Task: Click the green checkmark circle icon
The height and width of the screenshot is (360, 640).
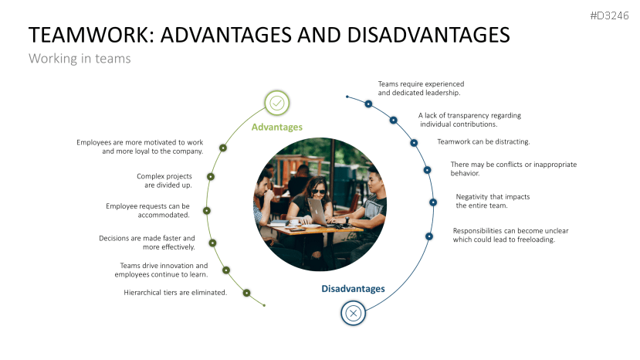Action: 277,103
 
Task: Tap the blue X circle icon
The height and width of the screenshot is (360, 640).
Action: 353,313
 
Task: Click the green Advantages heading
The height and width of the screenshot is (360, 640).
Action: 277,127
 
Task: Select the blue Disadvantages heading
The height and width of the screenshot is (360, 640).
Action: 353,289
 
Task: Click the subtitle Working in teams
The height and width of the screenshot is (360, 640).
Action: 80,59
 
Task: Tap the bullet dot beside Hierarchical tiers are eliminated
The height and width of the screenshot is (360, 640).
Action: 246,293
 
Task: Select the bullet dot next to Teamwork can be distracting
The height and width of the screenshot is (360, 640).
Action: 414,142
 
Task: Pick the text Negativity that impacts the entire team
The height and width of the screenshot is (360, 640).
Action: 493,201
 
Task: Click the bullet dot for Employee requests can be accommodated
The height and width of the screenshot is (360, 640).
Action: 206,210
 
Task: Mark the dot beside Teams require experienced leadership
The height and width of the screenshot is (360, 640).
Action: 368,104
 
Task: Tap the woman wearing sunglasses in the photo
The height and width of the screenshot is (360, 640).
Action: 317,197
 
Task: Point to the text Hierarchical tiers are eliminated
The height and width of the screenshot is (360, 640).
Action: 175,293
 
